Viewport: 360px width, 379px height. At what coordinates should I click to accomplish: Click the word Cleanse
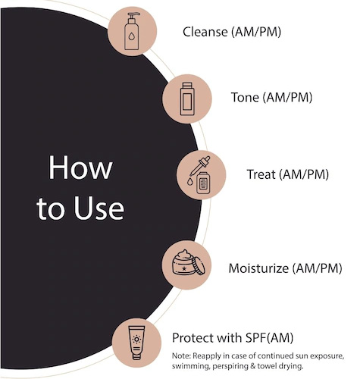point(205,32)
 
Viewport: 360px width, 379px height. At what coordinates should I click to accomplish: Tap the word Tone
point(245,97)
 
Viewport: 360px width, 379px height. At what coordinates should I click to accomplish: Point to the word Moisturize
point(258,268)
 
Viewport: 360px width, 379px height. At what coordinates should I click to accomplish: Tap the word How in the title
point(80,168)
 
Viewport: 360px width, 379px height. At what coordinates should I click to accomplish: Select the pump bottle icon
point(132,31)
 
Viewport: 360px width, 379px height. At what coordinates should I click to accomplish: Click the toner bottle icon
point(187,99)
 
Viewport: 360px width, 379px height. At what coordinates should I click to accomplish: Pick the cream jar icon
point(189,263)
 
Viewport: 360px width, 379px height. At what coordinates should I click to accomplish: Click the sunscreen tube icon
point(136,343)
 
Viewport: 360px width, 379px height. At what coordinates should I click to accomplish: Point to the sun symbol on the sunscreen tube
point(136,340)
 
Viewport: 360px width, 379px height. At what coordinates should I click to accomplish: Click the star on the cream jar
point(184,268)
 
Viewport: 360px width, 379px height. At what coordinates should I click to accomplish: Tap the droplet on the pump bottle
point(131,36)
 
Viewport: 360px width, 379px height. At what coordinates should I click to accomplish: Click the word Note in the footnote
point(181,356)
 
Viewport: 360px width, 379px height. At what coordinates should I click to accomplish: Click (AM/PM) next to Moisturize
point(317,268)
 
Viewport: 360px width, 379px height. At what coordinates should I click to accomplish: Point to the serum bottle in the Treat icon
point(203,183)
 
